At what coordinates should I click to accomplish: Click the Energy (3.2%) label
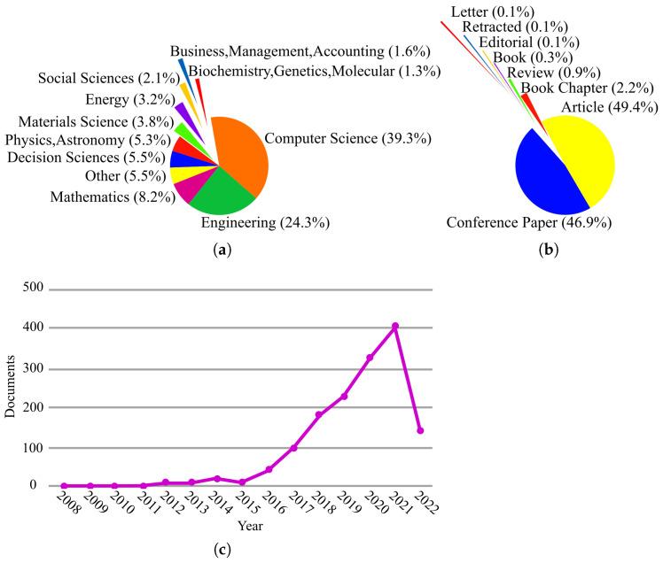tap(127, 98)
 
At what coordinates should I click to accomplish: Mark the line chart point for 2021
tap(395, 326)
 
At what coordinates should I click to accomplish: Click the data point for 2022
tap(420, 430)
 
